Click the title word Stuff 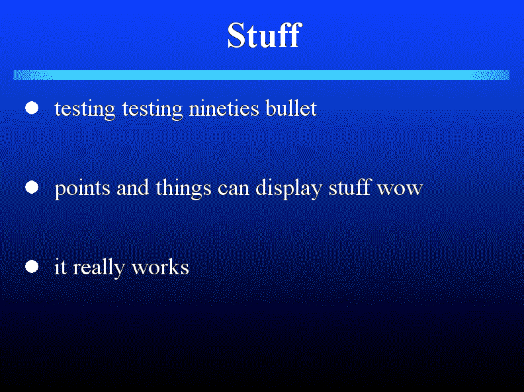click(265, 35)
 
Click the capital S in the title click(237, 35)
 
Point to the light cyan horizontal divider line click(261, 75)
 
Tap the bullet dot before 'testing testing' click(32, 108)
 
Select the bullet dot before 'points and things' click(32, 187)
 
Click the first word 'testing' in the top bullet click(85, 110)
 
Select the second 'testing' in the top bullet click(152, 110)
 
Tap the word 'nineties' click(224, 108)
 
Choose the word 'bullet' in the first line click(291, 107)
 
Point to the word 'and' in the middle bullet click(133, 187)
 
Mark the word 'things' click(183, 189)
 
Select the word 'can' click(234, 189)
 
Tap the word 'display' click(289, 189)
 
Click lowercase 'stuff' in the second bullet click(350, 187)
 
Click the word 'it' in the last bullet click(61, 267)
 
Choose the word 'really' click(99, 268)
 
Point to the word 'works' click(160, 266)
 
